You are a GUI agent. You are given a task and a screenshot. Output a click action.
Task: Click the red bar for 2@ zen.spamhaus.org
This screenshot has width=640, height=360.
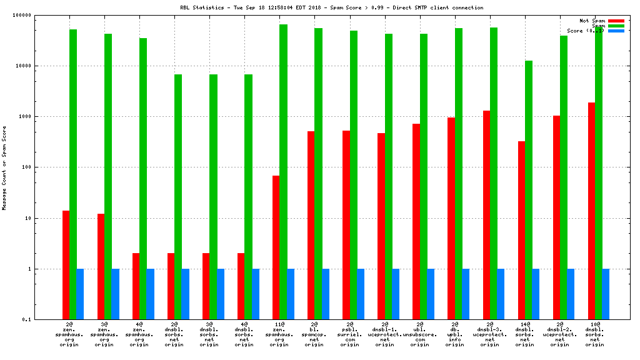coord(66,265)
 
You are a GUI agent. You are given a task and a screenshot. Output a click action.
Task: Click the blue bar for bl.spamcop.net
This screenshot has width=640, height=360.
coord(326,294)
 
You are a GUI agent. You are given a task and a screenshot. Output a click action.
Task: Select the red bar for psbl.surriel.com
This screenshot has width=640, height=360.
coord(346,225)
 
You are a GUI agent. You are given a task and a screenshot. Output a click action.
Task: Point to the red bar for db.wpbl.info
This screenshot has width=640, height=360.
coord(451,218)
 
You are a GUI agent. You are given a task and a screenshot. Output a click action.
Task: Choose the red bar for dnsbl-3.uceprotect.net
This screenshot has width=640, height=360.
coord(486,215)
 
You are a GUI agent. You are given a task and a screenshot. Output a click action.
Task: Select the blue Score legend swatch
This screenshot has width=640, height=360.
coord(616,31)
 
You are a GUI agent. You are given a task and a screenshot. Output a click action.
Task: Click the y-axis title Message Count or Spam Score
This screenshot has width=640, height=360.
coord(4,167)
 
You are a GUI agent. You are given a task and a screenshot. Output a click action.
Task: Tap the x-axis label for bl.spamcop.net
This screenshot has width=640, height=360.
coord(314,334)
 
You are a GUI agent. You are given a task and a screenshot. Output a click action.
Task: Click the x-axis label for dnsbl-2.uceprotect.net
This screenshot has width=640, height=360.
coord(559,334)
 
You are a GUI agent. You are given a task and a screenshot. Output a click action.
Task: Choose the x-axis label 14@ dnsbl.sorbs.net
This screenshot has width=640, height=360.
coord(524,334)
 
